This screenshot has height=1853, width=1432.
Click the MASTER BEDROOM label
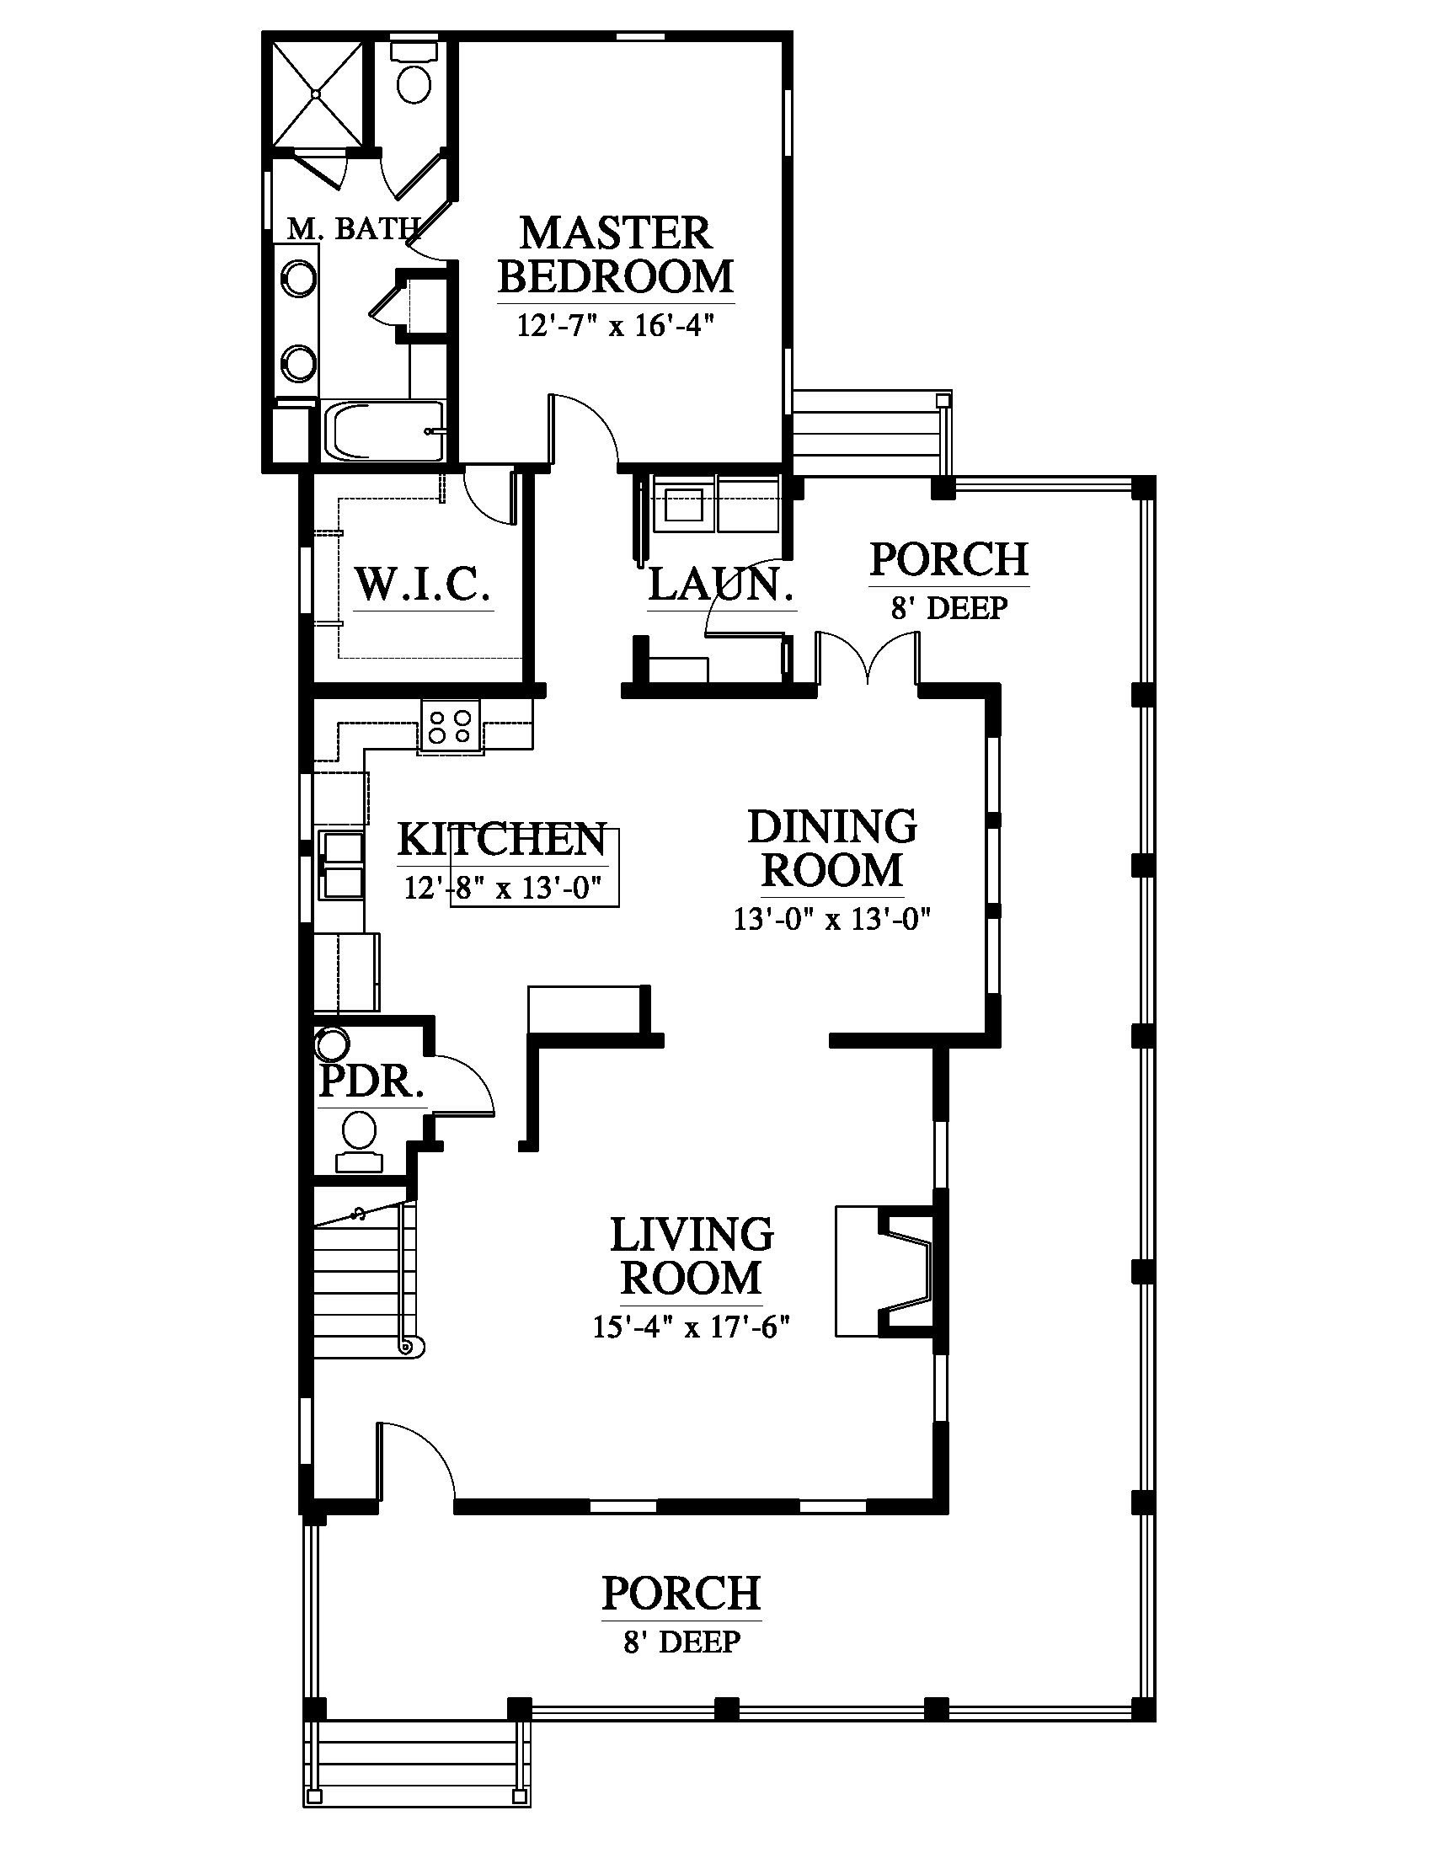616,254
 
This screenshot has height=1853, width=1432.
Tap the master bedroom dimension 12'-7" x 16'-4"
616,326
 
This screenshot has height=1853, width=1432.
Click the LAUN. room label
721,585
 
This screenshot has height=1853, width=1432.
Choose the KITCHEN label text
502,840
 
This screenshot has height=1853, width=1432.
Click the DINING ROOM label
832,848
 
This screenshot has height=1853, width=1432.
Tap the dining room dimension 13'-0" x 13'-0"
832,920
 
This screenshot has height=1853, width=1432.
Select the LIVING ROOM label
692,1257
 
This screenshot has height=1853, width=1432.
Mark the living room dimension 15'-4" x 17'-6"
692,1327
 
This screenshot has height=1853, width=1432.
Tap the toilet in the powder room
360,1143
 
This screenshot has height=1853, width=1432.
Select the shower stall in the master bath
318,93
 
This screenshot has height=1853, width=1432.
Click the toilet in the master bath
413,75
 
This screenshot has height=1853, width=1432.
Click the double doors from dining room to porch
867,659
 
